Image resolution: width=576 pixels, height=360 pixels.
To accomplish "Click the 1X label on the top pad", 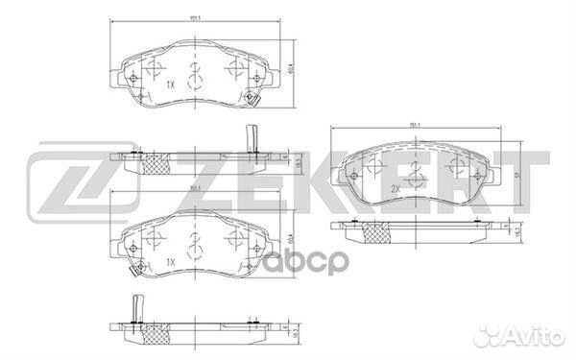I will pos(171,84).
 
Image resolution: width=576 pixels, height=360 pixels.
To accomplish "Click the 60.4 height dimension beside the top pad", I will pos(291,70).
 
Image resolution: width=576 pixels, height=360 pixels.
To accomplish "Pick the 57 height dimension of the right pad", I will pos(519,174).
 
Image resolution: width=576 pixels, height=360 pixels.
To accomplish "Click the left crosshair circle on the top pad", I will pos(154,68).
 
